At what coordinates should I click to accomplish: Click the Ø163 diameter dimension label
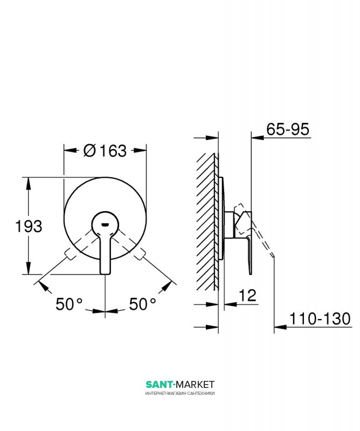click(105, 151)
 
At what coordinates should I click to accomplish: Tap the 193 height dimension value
click(29, 226)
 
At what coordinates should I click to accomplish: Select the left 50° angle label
click(69, 304)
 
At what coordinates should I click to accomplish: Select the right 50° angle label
click(142, 304)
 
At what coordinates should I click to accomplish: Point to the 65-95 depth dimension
click(288, 129)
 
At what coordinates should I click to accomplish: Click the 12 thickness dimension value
click(247, 295)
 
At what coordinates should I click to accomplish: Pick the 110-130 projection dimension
click(320, 319)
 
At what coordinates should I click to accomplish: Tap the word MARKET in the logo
click(195, 384)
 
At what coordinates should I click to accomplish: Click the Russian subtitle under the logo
click(180, 393)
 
